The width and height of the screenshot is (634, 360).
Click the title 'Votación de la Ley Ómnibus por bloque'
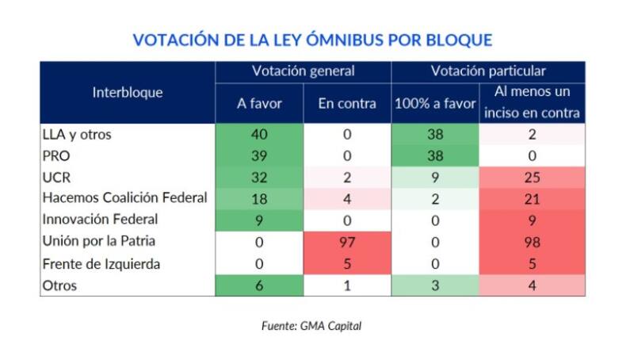coord(312,40)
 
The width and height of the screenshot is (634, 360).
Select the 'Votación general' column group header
coord(304,71)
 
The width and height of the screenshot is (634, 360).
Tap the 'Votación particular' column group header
coord(488,71)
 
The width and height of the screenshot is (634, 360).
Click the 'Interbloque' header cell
coord(128,92)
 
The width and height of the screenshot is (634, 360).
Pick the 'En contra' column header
coord(347,103)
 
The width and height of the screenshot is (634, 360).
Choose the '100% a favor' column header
coord(435,103)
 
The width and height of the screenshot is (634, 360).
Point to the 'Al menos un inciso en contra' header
coord(532,102)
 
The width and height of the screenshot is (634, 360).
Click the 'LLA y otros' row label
coord(76,135)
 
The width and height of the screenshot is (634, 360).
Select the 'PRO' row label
coord(57,156)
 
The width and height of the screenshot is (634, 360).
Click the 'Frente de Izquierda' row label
coord(101,264)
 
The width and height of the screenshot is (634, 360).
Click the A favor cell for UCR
coord(259,178)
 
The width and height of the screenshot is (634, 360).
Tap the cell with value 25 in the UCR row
coord(532,178)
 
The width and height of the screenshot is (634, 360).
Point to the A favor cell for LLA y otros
coord(259,135)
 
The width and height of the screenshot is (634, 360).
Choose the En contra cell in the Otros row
coord(347,285)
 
